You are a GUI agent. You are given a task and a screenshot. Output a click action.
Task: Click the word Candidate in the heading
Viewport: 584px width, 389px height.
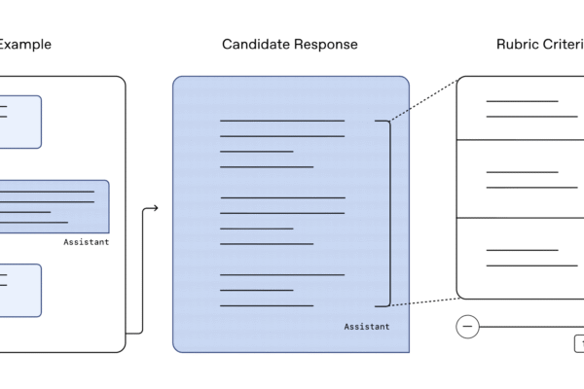tap(254, 45)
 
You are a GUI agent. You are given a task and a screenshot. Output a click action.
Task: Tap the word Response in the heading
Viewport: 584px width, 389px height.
tap(324, 45)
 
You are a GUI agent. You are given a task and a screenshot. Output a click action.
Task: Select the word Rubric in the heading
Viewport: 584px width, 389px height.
tap(519, 45)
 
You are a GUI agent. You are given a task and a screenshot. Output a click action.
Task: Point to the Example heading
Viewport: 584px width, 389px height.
tap(25, 45)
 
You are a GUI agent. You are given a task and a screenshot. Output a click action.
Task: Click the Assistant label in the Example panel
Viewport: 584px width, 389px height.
tap(86, 242)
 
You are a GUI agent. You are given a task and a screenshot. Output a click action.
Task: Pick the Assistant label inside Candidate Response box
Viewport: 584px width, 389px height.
tap(366, 327)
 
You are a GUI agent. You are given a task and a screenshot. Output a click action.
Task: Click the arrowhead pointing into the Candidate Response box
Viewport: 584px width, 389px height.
tap(154, 207)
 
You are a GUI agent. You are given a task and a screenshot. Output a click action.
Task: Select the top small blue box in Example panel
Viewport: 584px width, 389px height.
tap(20, 122)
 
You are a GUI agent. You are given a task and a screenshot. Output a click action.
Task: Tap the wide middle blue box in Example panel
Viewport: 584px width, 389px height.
tap(55, 206)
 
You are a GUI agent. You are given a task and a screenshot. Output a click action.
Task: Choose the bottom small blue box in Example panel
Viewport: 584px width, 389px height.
tap(20, 290)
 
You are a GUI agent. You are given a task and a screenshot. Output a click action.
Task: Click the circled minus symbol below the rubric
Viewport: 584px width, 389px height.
tap(467, 327)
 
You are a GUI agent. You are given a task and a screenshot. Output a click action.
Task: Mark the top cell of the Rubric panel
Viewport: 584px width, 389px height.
tap(521, 108)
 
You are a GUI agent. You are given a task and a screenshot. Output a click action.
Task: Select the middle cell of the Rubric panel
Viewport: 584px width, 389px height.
tap(521, 179)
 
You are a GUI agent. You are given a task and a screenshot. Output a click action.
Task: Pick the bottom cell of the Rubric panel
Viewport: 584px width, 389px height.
tap(521, 258)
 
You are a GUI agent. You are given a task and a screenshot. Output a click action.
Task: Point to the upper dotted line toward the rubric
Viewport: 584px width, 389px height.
tap(423, 99)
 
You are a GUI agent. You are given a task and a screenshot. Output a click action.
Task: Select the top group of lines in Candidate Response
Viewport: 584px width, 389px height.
tap(281, 144)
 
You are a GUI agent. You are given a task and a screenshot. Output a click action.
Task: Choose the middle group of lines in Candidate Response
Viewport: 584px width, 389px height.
tap(281, 221)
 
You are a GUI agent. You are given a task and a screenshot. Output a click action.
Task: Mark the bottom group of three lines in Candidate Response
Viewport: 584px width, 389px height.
tap(281, 290)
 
